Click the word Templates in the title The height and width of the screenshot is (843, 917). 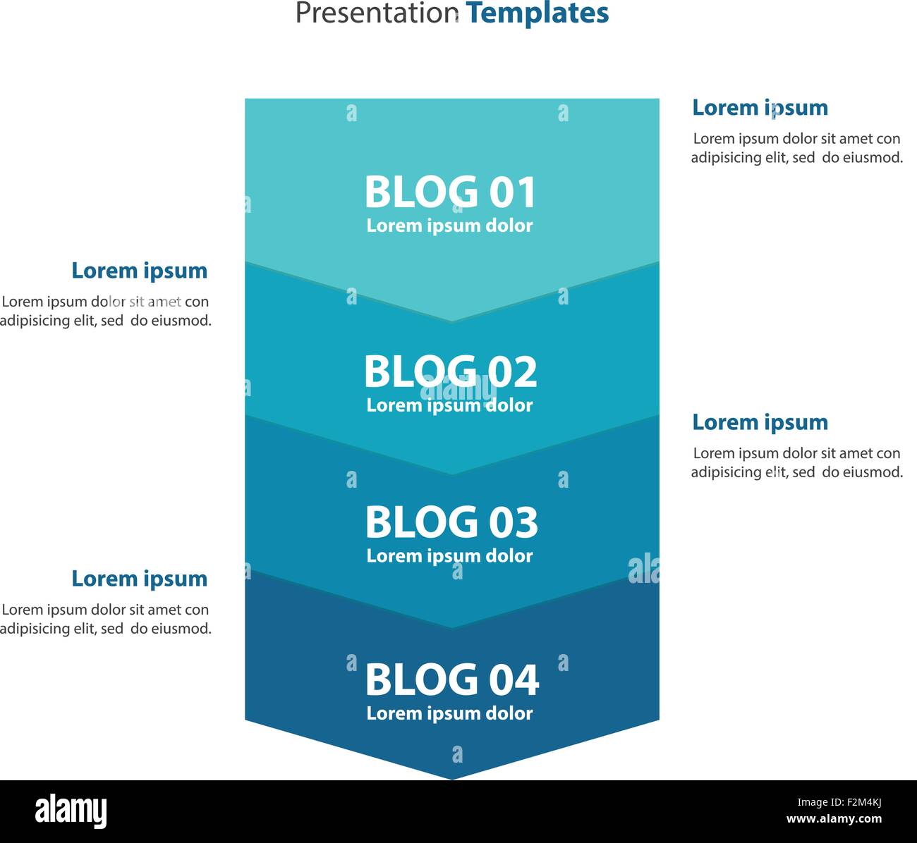pos(538,13)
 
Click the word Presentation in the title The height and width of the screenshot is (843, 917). pos(377,13)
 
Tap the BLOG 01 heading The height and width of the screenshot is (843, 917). pos(450,192)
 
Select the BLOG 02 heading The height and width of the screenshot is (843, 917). pos(450,371)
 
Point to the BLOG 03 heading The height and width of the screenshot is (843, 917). pos(451,522)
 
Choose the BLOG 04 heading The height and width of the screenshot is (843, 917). pos(451,679)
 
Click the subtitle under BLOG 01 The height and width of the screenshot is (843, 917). pos(449,226)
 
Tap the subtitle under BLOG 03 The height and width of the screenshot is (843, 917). pos(449,556)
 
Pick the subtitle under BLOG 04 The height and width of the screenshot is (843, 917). pos(449,714)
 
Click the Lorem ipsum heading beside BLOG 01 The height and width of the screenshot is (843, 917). pos(760,109)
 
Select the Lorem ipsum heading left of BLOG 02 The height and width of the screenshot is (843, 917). pos(140,271)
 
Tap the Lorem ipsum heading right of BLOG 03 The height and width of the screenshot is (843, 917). pos(760,423)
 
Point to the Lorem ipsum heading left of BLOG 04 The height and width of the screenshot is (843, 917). pos(140,579)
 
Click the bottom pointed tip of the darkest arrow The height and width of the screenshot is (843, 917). pos(452,780)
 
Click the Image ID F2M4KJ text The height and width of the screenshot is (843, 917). pos(839,802)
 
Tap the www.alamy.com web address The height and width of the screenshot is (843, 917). pos(834,819)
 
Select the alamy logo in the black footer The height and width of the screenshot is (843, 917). pos(71,811)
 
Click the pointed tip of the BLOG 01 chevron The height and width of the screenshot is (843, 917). pos(452,321)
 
